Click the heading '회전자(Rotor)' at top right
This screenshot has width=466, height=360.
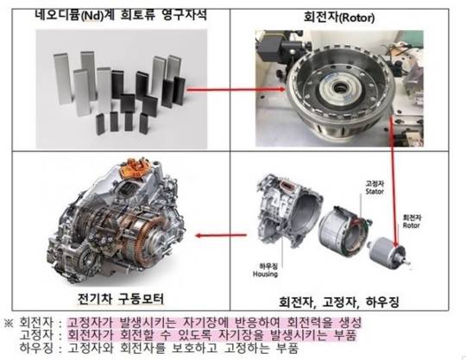click(x=339, y=17)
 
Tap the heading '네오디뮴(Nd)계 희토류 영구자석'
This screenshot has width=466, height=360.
click(x=120, y=15)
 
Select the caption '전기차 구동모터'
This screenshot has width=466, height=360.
click(x=121, y=299)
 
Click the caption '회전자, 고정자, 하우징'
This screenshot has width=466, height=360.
click(x=339, y=302)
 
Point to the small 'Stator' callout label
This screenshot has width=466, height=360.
click(x=375, y=191)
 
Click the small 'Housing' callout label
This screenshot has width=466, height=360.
click(x=265, y=274)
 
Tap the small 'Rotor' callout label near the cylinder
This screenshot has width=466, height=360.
click(x=412, y=225)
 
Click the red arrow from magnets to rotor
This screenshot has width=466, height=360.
click(x=236, y=89)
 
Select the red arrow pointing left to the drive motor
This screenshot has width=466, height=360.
click(x=221, y=236)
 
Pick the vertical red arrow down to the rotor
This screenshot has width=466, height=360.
click(x=394, y=181)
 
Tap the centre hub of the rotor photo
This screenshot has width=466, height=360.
click(x=339, y=88)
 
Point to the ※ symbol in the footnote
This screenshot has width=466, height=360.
click(x=9, y=323)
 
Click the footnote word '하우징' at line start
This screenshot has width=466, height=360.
click(x=36, y=348)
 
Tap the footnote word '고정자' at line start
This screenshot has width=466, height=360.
click(x=36, y=335)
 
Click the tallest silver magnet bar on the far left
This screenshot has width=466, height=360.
click(x=62, y=79)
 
